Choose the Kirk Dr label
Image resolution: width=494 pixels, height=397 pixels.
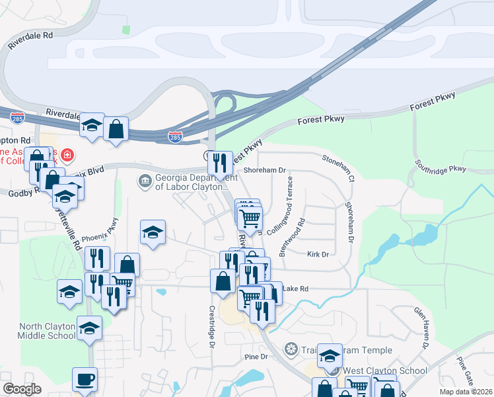[x=318, y=254]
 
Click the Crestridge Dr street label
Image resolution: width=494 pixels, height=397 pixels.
[x=213, y=326]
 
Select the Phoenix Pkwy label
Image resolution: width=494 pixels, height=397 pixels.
[x=100, y=230]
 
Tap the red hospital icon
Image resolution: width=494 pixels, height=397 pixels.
[x=69, y=157]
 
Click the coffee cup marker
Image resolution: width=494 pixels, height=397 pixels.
[x=85, y=380]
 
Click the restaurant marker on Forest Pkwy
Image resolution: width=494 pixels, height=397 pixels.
[x=221, y=161]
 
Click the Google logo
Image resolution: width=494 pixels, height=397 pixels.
[x=22, y=389]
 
